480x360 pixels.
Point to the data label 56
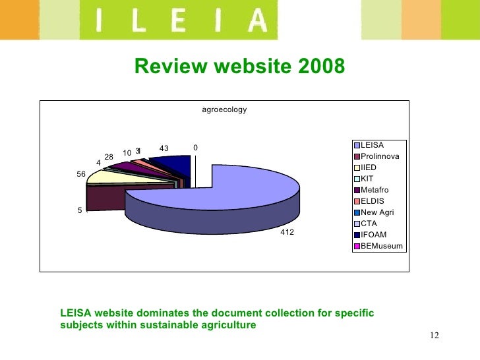pos(81,174)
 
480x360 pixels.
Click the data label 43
pos(164,148)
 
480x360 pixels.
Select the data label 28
pos(109,156)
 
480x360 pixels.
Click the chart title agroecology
pos(224,109)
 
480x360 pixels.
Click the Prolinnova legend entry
pos(379,156)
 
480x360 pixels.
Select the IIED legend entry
pos(369,167)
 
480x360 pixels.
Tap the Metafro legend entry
pos(374,190)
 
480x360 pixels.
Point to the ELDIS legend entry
pos(373,201)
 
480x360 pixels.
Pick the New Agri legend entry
pos(376,212)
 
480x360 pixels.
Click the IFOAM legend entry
pos(373,235)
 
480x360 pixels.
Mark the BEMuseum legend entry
pos(381,246)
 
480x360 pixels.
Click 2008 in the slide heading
pos(319,67)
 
